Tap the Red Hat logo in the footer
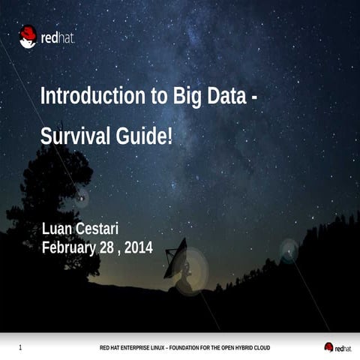pyautogui.click(x=337, y=347)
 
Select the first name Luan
pyautogui.click(x=57, y=229)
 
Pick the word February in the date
pyautogui.click(x=70, y=247)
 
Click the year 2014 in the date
pyautogui.click(x=138, y=247)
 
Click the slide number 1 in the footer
pyautogui.click(x=19, y=347)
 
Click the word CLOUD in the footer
pyautogui.click(x=260, y=348)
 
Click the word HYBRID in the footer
pyautogui.click(x=239, y=348)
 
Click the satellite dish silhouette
pyautogui.click(x=177, y=259)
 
